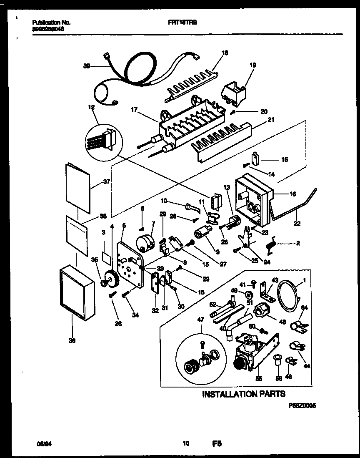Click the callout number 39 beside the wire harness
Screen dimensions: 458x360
coord(87,65)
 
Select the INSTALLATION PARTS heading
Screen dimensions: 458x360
coord(244,394)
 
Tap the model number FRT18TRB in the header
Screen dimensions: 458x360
coord(184,24)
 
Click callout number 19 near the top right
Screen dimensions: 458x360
coord(252,65)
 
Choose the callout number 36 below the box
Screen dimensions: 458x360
coord(72,341)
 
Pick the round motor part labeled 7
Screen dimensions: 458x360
coord(144,242)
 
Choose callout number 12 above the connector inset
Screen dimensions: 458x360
coord(91,108)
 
